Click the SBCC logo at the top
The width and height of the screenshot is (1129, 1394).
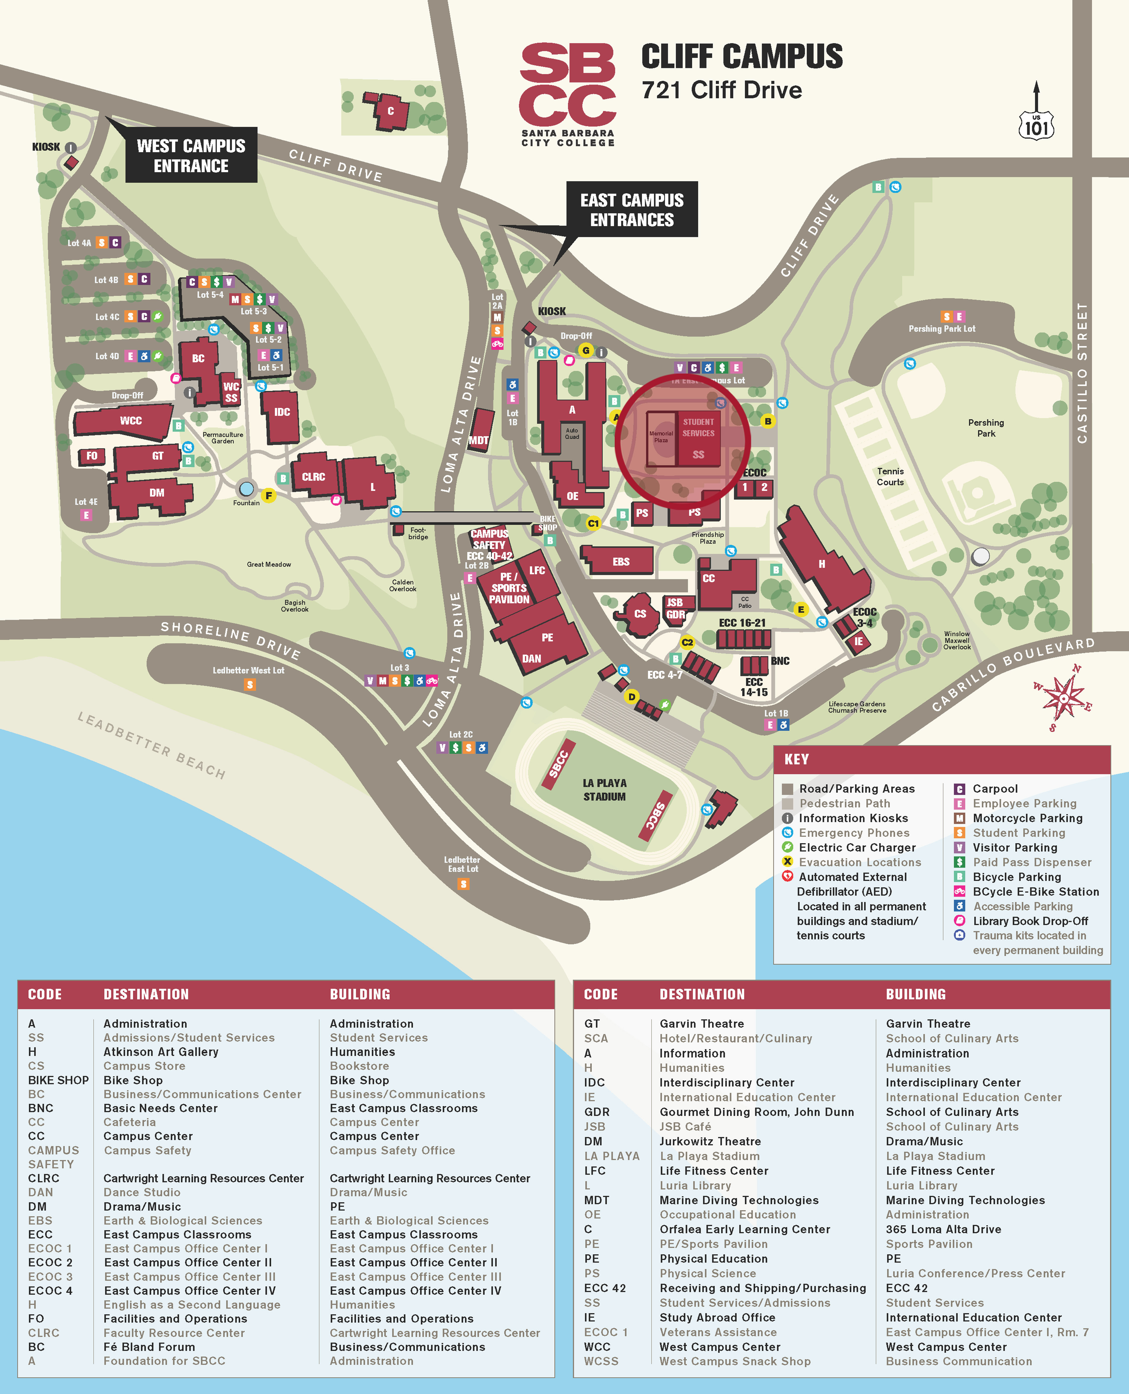(x=568, y=94)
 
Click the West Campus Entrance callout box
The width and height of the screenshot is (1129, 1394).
(x=191, y=155)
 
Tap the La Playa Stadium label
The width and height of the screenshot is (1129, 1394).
(x=604, y=789)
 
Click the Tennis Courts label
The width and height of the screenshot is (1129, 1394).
(x=890, y=477)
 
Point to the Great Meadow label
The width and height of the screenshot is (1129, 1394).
(x=269, y=564)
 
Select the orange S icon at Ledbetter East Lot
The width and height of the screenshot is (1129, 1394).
(x=463, y=884)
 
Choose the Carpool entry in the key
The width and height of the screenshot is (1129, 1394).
(x=995, y=789)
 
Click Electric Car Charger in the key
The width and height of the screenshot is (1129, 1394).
(x=857, y=847)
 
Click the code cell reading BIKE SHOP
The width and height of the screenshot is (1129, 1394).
(x=58, y=1080)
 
